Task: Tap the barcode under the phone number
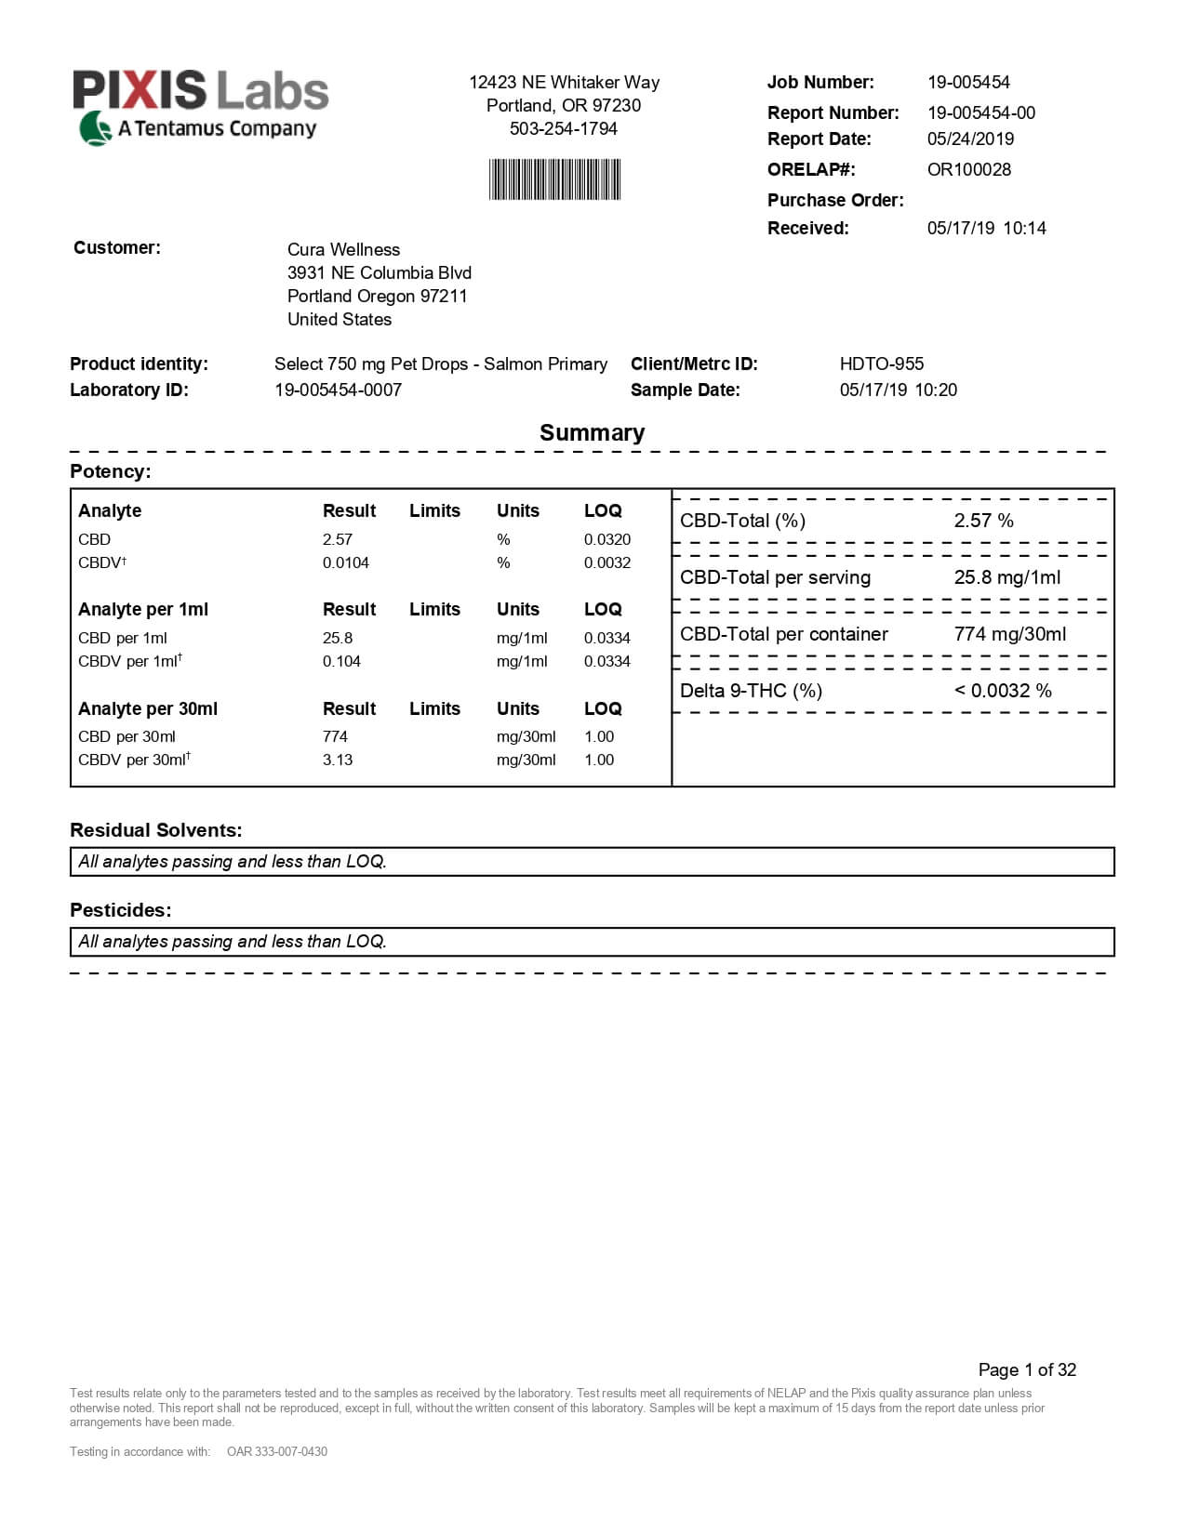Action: (x=554, y=179)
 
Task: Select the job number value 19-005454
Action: (x=968, y=82)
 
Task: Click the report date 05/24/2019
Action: (x=970, y=139)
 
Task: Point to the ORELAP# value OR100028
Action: (x=968, y=169)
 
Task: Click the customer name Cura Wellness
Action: (x=343, y=249)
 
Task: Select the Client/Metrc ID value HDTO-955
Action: (x=881, y=364)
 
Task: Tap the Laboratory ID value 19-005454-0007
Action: (x=338, y=390)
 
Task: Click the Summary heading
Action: (x=592, y=432)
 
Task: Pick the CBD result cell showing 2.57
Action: (x=337, y=539)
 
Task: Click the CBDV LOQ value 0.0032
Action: (x=606, y=562)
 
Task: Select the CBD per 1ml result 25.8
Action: (x=337, y=638)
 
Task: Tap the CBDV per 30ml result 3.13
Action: (x=337, y=760)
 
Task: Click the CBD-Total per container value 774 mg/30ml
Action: (x=1009, y=634)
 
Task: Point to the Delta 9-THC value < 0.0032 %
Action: (x=1002, y=691)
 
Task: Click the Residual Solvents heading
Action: (x=155, y=830)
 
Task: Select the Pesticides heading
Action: (x=121, y=910)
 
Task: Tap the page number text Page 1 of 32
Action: (x=1026, y=1369)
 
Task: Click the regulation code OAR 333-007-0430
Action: (x=276, y=1451)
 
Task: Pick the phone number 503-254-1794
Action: (x=563, y=128)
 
